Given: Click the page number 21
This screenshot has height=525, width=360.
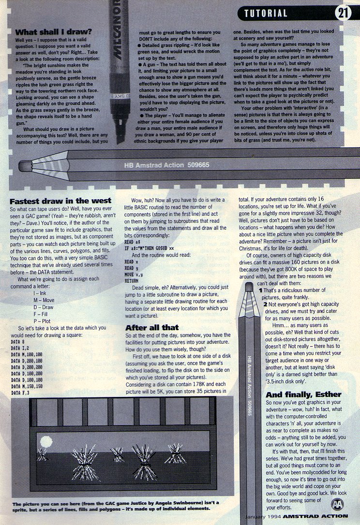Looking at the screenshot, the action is point(343,13).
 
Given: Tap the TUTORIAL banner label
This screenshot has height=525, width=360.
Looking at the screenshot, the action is point(266,14).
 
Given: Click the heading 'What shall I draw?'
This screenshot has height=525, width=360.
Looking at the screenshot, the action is point(53,32).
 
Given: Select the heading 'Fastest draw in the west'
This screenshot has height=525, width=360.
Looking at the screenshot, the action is point(60,201).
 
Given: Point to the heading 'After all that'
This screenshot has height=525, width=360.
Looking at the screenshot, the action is point(152,327).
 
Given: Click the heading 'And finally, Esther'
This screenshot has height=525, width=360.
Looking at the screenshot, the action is point(303,394).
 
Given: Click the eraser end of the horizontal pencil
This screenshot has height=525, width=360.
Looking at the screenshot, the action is point(25,166).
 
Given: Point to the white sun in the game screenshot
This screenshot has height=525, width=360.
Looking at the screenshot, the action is point(46,442).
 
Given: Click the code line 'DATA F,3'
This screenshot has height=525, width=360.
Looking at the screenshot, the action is point(20,393).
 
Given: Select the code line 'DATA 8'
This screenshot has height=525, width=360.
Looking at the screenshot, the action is point(17,342).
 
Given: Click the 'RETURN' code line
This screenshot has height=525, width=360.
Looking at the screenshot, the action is point(132,281).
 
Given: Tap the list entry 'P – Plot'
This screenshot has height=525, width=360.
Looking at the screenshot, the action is point(42,321).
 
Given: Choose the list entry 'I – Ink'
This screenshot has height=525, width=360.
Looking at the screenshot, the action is point(40,293).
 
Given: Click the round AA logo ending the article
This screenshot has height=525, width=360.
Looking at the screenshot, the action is point(337,504).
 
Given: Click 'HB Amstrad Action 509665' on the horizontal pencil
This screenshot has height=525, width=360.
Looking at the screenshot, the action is point(166,165).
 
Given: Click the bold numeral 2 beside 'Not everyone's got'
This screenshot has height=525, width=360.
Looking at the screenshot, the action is point(265,305).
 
